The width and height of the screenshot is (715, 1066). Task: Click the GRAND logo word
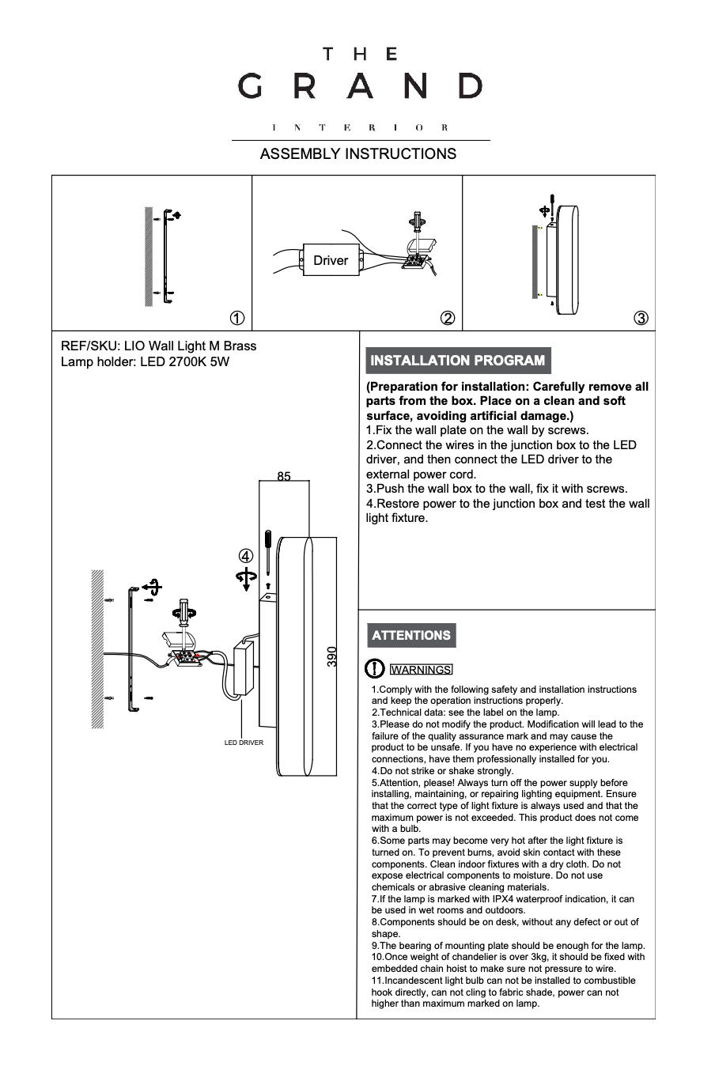click(360, 86)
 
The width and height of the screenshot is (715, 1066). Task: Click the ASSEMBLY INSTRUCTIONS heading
click(357, 153)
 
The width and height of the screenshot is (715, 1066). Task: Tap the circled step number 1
click(236, 318)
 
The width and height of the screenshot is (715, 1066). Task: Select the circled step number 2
click(447, 318)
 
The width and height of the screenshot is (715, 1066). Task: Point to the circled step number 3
click(641, 318)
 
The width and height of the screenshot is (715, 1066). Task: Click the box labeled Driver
click(331, 260)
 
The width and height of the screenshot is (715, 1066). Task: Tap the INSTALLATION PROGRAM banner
click(457, 361)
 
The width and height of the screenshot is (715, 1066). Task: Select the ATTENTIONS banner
click(410, 635)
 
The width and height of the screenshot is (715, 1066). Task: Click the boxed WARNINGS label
click(421, 670)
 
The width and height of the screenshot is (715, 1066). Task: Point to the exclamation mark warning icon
click(374, 669)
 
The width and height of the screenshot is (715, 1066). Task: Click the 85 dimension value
click(284, 476)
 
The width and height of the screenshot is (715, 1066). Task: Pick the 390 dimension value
click(332, 656)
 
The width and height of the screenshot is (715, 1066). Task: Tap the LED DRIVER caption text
click(244, 743)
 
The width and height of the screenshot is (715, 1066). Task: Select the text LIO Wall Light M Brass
click(191, 346)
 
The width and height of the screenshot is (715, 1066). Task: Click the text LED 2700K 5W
click(184, 362)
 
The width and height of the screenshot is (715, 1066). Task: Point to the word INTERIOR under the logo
click(360, 127)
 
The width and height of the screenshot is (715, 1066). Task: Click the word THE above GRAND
click(360, 55)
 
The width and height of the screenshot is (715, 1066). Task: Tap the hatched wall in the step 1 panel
click(149, 256)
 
